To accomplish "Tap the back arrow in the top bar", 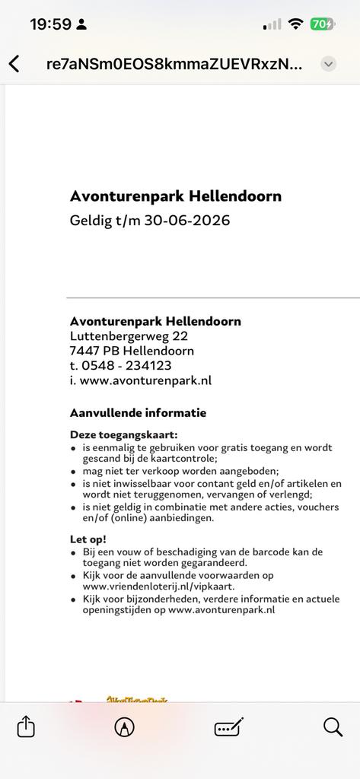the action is (14, 64).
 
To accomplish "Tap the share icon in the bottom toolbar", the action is (26, 727).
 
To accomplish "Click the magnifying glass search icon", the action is (333, 727).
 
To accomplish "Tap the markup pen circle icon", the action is (124, 727).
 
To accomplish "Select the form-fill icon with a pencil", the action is (228, 727).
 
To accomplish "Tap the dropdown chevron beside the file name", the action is (328, 64).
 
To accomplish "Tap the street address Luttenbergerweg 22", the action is (129, 335).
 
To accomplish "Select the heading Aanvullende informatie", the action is (138, 413).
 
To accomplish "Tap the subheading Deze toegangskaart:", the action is (123, 434).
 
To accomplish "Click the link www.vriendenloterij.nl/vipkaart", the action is (158, 587).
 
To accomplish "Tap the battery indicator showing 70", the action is (321, 24).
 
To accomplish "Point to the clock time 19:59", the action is (50, 24).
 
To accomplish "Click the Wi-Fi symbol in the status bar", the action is (295, 24).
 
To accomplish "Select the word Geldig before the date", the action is (91, 221).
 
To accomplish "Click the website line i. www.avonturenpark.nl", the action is (140, 380).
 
